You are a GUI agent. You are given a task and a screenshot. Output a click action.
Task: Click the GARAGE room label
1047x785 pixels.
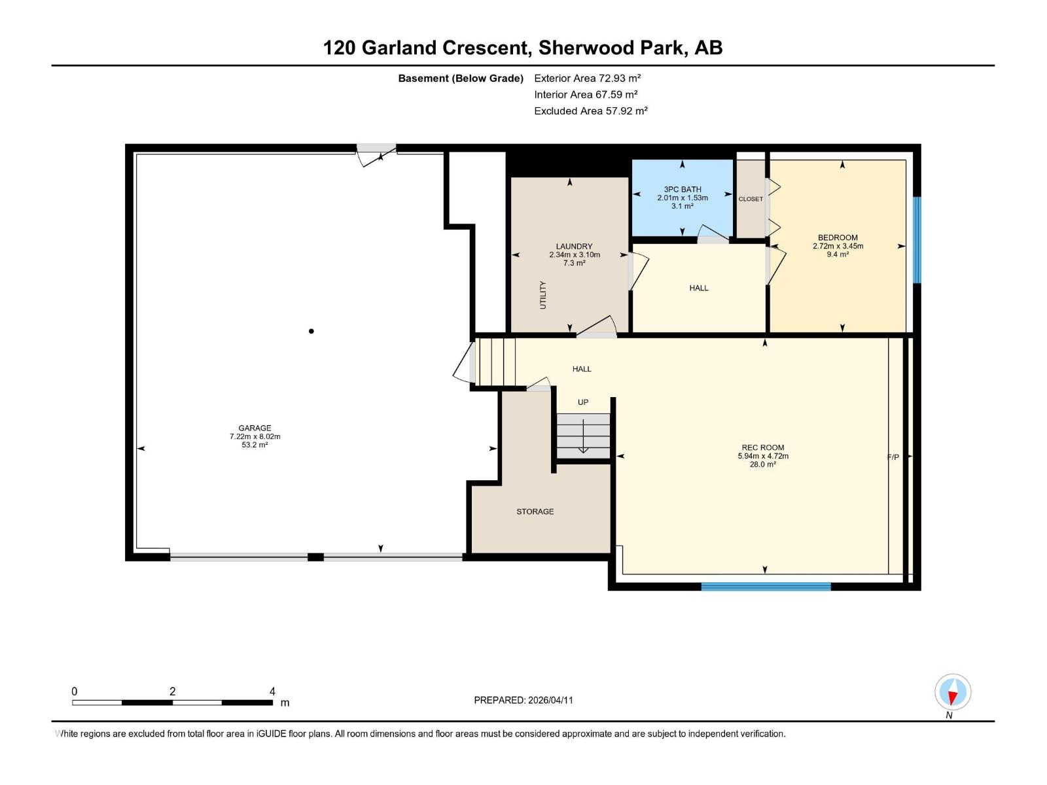click(255, 428)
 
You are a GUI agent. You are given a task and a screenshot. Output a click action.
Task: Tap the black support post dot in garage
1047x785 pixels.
click(311, 331)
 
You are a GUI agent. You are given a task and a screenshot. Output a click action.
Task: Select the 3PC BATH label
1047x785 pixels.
click(683, 189)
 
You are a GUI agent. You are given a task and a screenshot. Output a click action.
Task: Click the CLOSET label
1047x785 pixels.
click(751, 199)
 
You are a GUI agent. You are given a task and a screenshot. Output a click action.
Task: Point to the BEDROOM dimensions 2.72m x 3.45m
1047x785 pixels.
click(838, 246)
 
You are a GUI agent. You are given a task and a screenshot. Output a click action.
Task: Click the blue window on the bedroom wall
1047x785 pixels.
click(917, 239)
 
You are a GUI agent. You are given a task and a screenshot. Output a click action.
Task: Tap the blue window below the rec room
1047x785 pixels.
click(766, 587)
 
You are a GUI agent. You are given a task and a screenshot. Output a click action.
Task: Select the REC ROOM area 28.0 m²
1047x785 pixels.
click(763, 464)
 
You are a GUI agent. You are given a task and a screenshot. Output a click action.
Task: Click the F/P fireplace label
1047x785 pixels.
click(893, 457)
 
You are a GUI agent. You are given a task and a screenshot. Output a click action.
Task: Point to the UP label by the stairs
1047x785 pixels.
click(583, 402)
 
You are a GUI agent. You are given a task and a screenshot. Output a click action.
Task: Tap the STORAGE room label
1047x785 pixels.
click(535, 512)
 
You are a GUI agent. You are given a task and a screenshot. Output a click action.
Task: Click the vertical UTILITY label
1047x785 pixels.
click(542, 295)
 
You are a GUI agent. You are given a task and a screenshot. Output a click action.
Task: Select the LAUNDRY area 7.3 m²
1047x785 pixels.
click(574, 263)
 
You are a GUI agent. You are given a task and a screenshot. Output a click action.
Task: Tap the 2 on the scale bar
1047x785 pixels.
click(172, 691)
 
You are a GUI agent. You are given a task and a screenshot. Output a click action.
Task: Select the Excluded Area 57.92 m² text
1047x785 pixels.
click(590, 111)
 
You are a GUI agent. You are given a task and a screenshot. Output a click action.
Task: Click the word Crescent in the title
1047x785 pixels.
click(484, 48)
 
